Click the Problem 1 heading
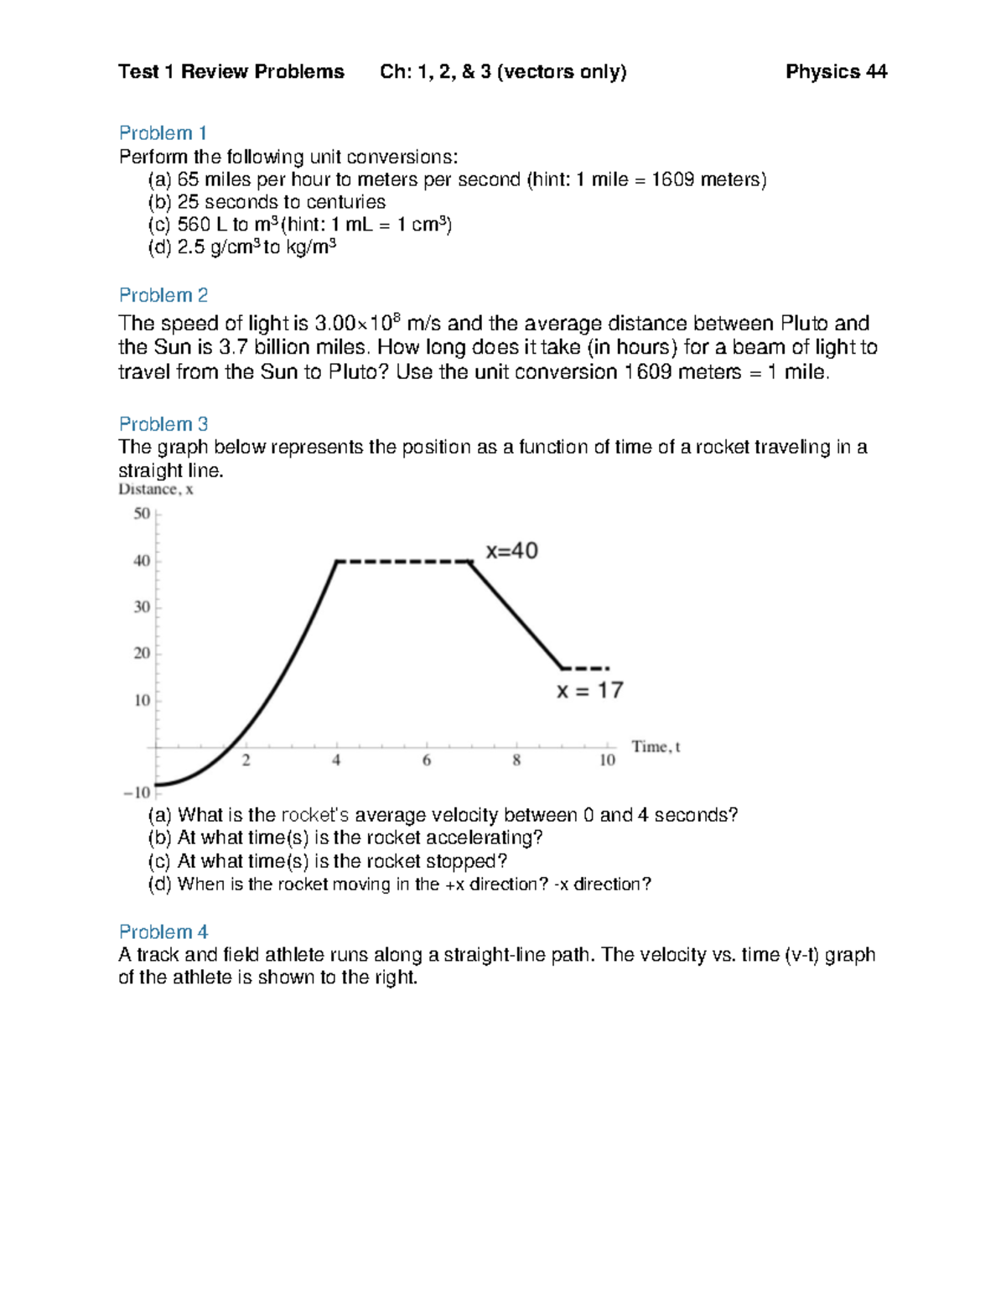pyautogui.click(x=163, y=133)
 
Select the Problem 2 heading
pyautogui.click(x=163, y=295)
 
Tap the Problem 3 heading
pyautogui.click(x=163, y=424)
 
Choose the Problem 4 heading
pyautogui.click(x=163, y=932)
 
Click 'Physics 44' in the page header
pyautogui.click(x=836, y=72)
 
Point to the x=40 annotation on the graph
pyautogui.click(x=511, y=551)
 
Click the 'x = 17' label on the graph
pyautogui.click(x=589, y=690)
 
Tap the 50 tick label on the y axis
pyautogui.click(x=142, y=513)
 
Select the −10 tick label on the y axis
pyautogui.click(x=137, y=792)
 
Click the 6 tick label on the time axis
pyautogui.click(x=427, y=760)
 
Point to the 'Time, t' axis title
pyautogui.click(x=656, y=747)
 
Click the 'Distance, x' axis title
pyautogui.click(x=156, y=490)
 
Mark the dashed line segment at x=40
pyautogui.click(x=402, y=562)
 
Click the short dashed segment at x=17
pyautogui.click(x=585, y=668)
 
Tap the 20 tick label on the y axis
pyautogui.click(x=142, y=653)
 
